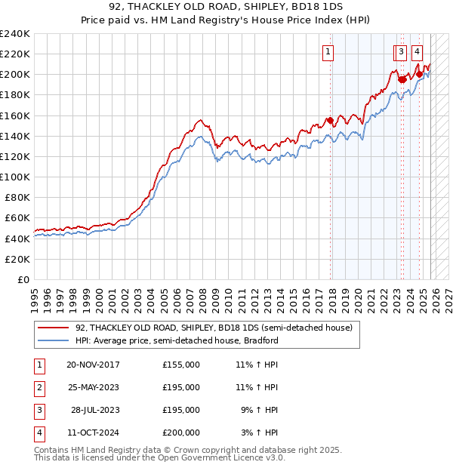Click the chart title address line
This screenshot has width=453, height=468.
coord(226,7)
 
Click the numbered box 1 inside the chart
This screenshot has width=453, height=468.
coord(329,52)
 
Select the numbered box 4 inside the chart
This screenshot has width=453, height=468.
coord(418,52)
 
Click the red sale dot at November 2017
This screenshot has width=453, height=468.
coord(330,120)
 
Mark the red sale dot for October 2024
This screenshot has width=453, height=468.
coord(419,74)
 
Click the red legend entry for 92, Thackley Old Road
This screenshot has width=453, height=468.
coord(214,328)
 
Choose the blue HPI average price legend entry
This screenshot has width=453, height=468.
coord(177,340)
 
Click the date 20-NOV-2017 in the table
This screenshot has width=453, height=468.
coord(93,365)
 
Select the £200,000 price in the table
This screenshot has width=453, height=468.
coord(181,433)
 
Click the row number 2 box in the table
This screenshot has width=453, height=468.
coord(39,387)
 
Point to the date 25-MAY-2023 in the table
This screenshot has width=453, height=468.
coord(93,387)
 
